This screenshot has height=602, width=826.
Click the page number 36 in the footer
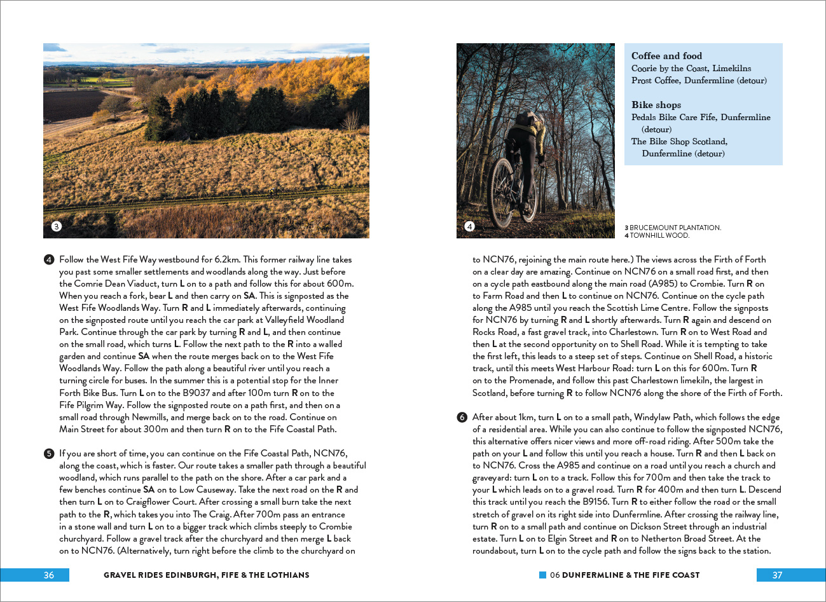(49, 575)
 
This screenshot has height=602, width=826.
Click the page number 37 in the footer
(777, 575)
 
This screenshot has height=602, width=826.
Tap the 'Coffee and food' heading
(666, 56)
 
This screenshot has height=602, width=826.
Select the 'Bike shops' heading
(656, 105)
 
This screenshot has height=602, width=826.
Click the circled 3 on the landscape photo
(57, 226)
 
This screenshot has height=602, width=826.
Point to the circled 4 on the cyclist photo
(469, 226)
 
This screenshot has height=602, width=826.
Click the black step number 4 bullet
(49, 259)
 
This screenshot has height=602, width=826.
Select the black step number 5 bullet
(49, 453)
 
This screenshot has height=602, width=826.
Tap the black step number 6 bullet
(462, 417)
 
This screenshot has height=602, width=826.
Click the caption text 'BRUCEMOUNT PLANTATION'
(675, 228)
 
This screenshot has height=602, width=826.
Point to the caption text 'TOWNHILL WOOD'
(659, 235)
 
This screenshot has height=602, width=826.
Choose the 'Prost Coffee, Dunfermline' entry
(698, 81)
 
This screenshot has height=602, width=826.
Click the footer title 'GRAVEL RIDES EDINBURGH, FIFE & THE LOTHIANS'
(206, 575)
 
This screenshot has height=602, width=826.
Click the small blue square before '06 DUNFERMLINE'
(543, 575)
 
